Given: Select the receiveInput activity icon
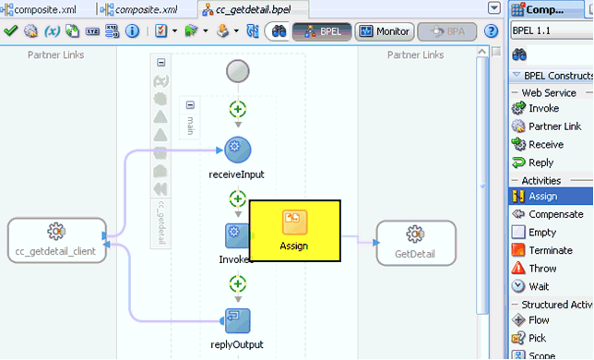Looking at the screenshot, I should point(238,150).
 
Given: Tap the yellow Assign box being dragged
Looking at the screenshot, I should point(294,232).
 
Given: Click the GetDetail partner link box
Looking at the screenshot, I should point(415,243).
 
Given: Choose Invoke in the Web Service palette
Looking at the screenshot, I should point(543,108).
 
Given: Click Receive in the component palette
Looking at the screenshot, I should point(545,144).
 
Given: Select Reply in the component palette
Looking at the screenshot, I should point(541,162).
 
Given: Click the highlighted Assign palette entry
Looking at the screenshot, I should point(541,196).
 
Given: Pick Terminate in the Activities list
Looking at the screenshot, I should point(551,250).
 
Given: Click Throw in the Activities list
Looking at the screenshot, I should point(542,269).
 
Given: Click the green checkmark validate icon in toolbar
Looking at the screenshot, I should point(11,30).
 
